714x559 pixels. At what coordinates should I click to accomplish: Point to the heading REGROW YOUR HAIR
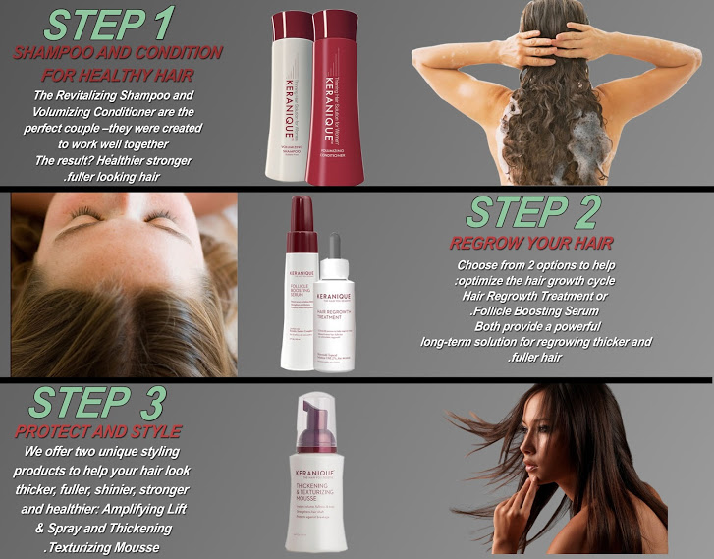pyautogui.click(x=531, y=243)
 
